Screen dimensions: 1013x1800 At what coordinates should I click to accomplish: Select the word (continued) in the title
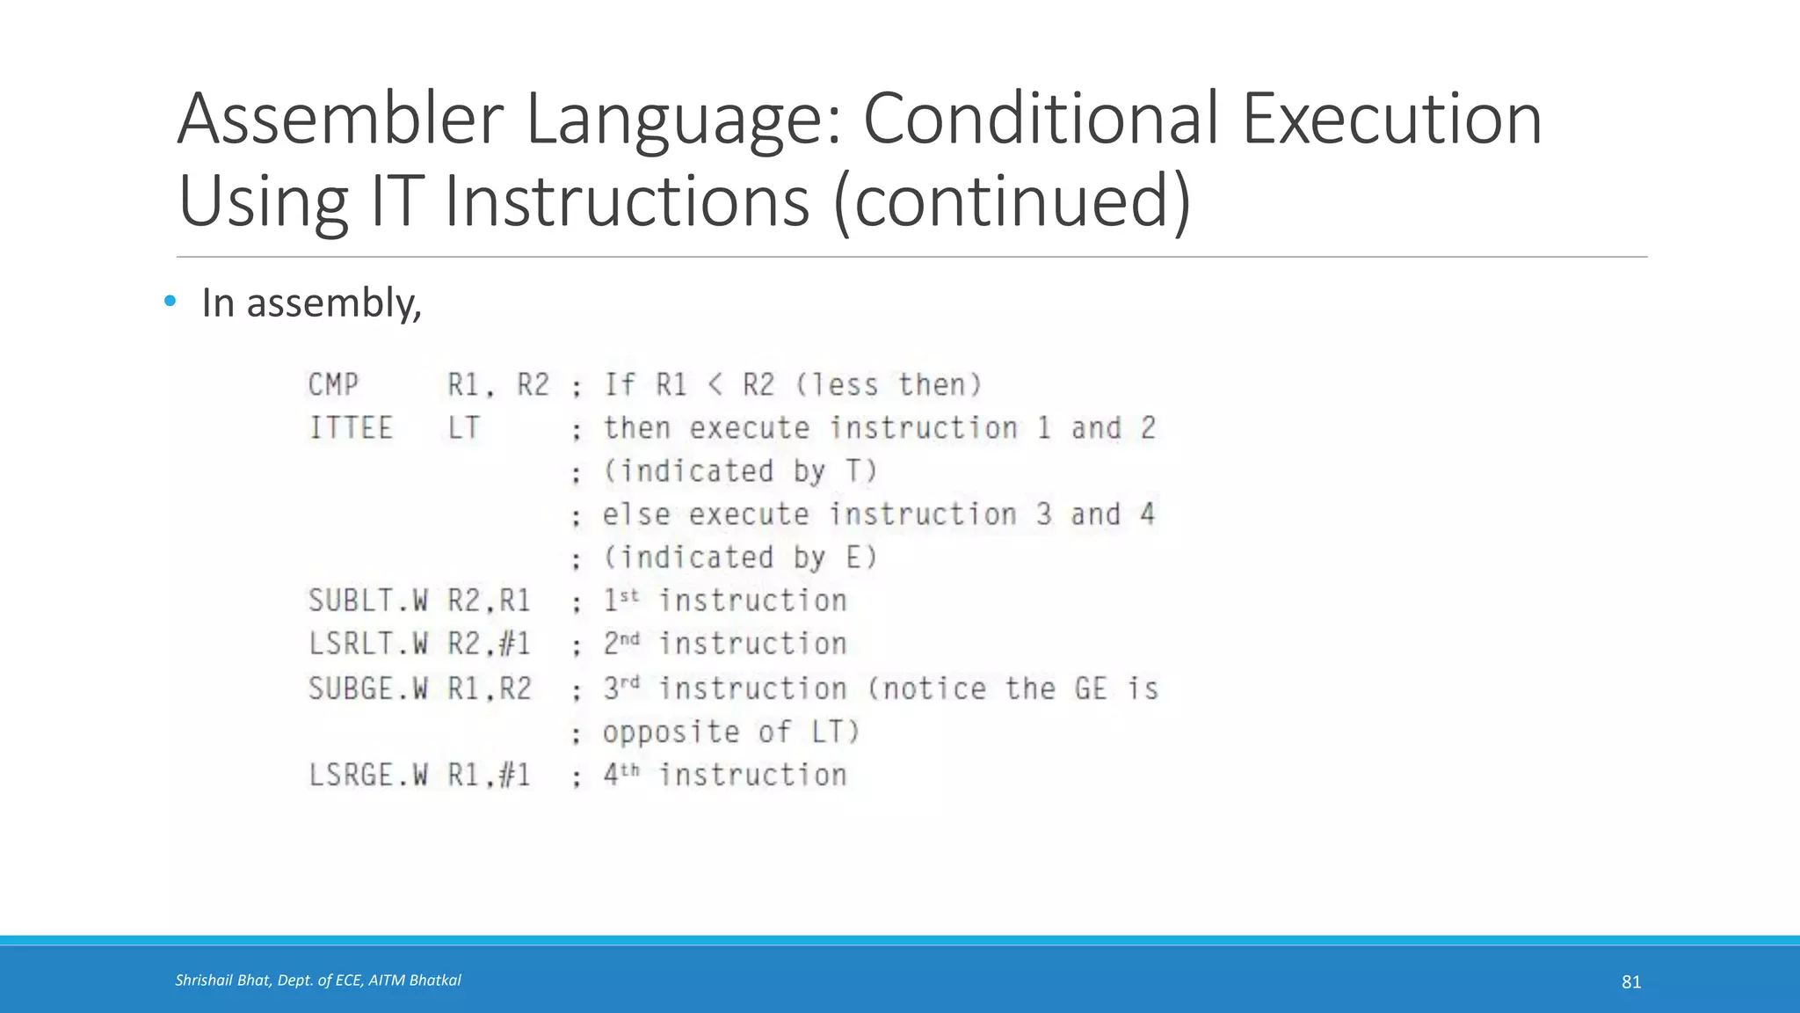pyautogui.click(x=1011, y=200)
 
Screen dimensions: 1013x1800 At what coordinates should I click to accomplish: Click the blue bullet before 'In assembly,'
pyautogui.click(x=170, y=302)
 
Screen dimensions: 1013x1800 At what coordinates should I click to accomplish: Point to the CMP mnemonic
pyautogui.click(x=334, y=385)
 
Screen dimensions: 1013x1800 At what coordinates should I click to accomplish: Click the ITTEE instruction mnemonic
pyautogui.click(x=351, y=428)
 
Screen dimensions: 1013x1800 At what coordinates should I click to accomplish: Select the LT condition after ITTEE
pyautogui.click(x=463, y=428)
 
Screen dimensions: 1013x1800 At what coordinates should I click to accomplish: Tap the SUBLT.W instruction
pyautogui.click(x=368, y=601)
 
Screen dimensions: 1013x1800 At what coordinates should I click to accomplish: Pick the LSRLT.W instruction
pyautogui.click(x=368, y=644)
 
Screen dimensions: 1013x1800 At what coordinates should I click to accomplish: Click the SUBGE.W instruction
pyautogui.click(x=368, y=688)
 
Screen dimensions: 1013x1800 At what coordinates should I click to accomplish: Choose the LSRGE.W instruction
pyautogui.click(x=368, y=775)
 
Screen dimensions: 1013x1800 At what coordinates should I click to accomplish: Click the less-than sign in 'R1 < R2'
pyautogui.click(x=715, y=385)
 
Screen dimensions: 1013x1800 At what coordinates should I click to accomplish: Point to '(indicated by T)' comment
pyautogui.click(x=740, y=471)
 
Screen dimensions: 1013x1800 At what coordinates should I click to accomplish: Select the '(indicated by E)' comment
pyautogui.click(x=740, y=558)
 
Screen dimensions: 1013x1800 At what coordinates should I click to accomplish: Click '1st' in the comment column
pyautogui.click(x=621, y=600)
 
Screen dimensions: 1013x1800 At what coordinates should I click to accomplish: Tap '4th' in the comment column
pyautogui.click(x=621, y=774)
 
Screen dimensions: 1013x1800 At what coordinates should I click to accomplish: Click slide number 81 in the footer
pyautogui.click(x=1631, y=982)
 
